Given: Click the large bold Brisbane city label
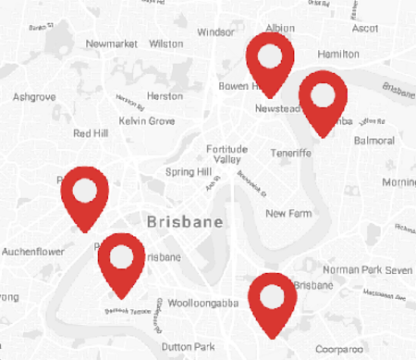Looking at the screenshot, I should click(186, 223).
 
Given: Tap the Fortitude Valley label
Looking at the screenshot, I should click(227, 155).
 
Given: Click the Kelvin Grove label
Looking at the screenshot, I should click(146, 121).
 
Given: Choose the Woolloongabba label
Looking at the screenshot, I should click(197, 303).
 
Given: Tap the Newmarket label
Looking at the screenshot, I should click(111, 43).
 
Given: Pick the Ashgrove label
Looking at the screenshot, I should click(34, 96).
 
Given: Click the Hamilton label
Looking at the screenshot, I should click(337, 55).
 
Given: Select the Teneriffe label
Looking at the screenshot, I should click(292, 153).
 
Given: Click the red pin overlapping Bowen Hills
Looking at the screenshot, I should click(270, 59).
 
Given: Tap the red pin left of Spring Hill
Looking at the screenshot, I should click(84, 192).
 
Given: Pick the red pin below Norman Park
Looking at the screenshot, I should click(273, 298).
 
